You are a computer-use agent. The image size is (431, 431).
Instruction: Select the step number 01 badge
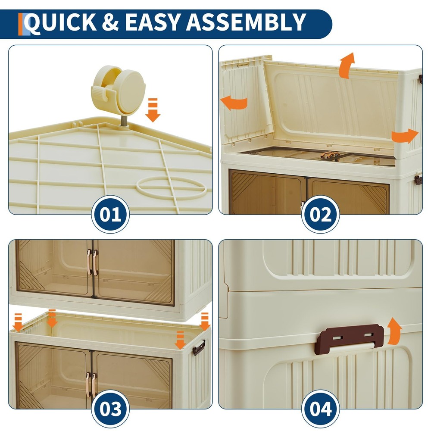[x=111, y=214]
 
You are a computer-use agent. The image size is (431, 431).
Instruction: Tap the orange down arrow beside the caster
[x=153, y=110]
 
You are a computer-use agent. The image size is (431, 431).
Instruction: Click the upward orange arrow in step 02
[x=346, y=66]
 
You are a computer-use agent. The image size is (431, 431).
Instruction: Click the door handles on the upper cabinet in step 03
[x=92, y=262]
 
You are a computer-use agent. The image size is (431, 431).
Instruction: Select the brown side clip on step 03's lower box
[x=199, y=347]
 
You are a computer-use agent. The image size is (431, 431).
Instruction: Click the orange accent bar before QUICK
[x=20, y=24]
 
